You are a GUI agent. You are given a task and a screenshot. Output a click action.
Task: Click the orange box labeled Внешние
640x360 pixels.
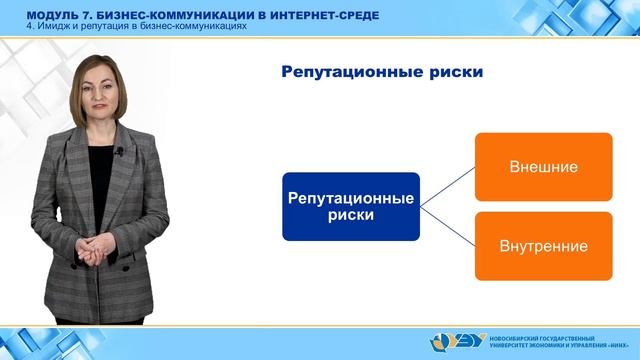[x=543, y=166]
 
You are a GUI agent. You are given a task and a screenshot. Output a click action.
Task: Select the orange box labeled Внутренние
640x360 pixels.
[x=543, y=245]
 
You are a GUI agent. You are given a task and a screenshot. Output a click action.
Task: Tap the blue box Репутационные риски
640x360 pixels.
[x=350, y=205]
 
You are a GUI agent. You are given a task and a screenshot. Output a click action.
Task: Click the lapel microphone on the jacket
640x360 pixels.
[x=119, y=151]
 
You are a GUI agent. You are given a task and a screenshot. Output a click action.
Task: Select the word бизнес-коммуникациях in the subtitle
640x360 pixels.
[x=199, y=27]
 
